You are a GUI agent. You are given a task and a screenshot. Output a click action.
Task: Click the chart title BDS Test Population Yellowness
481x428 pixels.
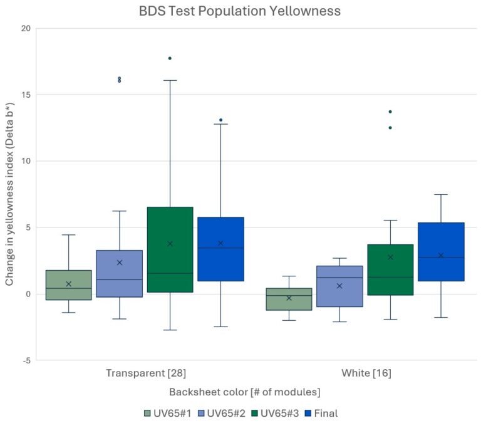click(x=240, y=11)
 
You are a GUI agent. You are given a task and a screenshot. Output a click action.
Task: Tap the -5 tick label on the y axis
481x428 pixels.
click(x=26, y=360)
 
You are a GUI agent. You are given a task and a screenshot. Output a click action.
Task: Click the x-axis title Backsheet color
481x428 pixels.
click(x=244, y=392)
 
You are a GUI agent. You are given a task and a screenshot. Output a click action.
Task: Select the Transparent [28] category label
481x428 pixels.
click(x=146, y=373)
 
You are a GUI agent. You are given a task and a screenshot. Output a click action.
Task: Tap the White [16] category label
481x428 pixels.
click(x=366, y=373)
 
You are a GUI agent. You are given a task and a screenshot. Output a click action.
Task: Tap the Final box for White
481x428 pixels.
click(x=441, y=251)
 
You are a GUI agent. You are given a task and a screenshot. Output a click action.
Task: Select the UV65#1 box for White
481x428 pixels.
click(x=289, y=299)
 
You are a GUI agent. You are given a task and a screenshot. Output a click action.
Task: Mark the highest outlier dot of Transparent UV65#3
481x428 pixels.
click(x=170, y=58)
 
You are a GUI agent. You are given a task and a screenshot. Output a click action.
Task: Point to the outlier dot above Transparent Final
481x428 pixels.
click(x=220, y=120)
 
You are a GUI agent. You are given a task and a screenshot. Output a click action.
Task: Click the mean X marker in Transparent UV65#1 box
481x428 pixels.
click(x=68, y=284)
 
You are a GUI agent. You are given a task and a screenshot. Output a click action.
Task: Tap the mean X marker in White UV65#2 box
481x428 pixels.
click(x=339, y=286)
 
